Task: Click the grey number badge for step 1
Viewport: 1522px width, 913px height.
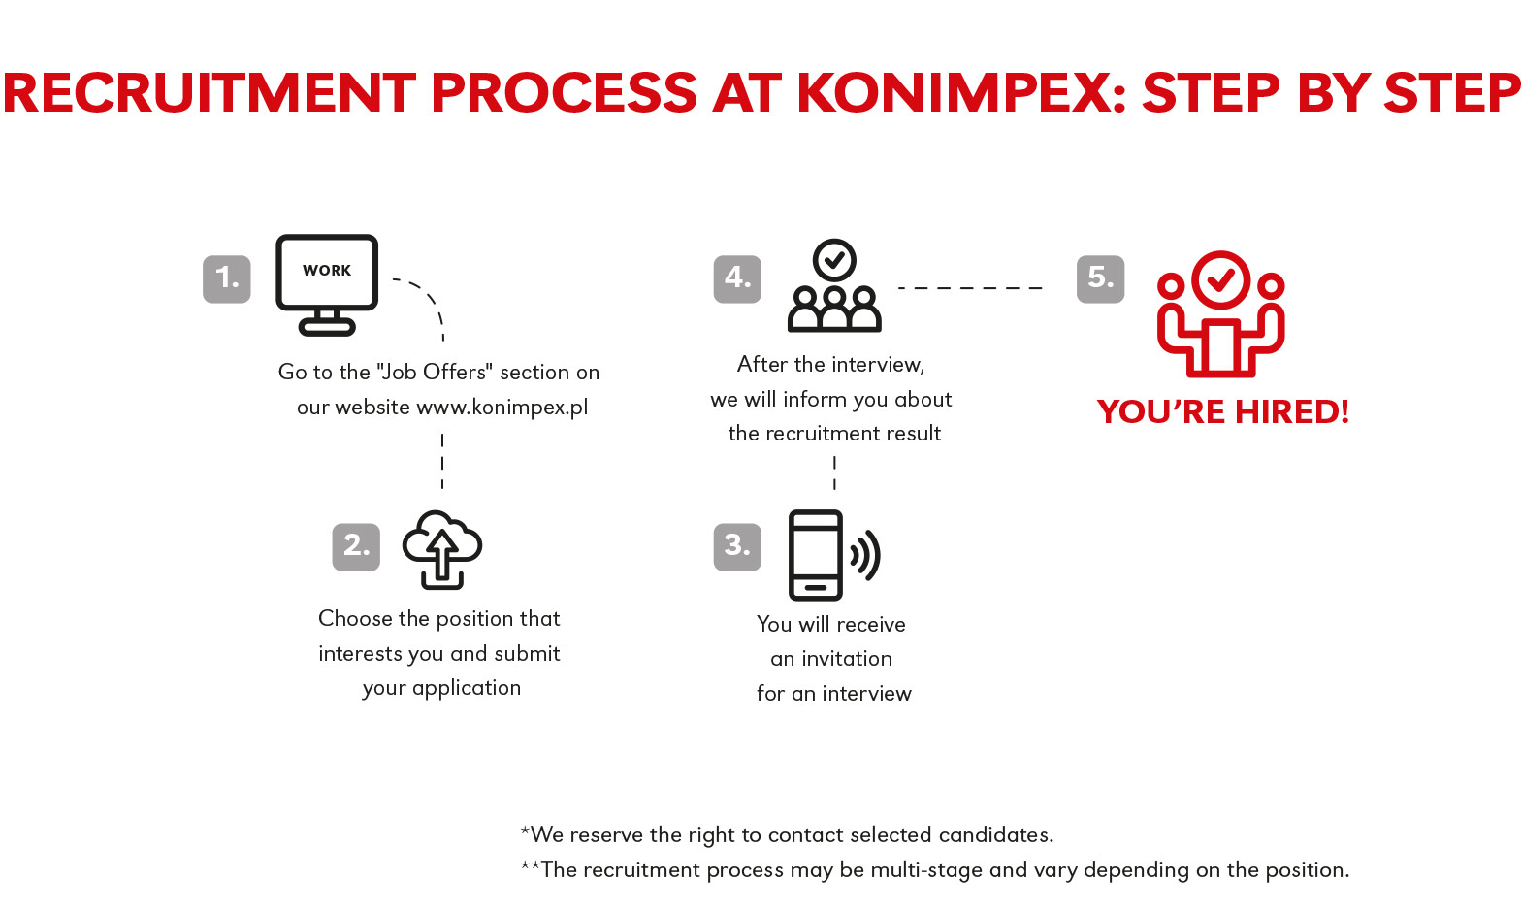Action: tap(226, 278)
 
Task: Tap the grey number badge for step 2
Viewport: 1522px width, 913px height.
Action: tap(356, 546)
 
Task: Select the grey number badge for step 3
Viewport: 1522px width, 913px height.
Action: tap(737, 546)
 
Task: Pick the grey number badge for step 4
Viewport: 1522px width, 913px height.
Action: tap(737, 278)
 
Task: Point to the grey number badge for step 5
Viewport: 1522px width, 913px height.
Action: tap(1101, 278)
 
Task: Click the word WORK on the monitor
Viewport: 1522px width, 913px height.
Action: tap(327, 271)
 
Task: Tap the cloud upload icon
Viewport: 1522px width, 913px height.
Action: tap(442, 549)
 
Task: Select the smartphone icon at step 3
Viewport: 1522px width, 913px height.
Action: tap(816, 555)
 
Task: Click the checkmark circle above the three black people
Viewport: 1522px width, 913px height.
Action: tap(834, 260)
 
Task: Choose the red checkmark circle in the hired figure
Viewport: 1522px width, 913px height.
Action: tap(1221, 280)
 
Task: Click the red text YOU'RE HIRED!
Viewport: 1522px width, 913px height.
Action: tap(1223, 412)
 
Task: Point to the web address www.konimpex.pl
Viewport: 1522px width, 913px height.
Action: tap(502, 408)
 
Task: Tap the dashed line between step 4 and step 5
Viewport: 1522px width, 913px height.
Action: tap(970, 288)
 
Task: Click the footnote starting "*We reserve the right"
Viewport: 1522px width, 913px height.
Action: tap(787, 834)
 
